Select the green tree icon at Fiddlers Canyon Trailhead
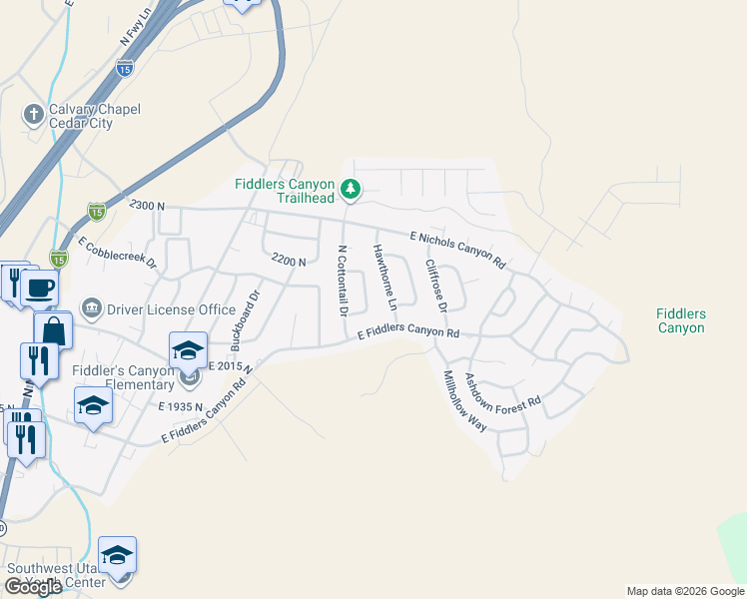[350, 188]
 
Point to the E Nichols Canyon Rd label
[458, 248]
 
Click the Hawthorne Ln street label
[385, 276]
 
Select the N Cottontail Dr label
[343, 281]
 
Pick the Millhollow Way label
[464, 400]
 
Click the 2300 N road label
[146, 204]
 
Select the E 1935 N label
[180, 406]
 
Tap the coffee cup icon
[40, 289]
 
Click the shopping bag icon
[53, 330]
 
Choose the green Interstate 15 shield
[96, 211]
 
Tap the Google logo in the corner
[33, 587]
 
